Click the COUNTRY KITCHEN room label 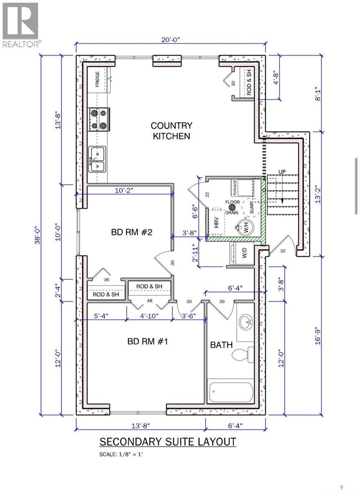click(x=172, y=131)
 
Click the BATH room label click(x=221, y=345)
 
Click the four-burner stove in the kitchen click(x=98, y=119)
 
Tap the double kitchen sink click(x=97, y=159)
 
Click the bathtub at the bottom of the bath click(x=231, y=392)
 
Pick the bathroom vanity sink click(x=247, y=323)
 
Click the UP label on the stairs click(x=282, y=171)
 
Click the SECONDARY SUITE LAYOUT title click(x=168, y=442)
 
